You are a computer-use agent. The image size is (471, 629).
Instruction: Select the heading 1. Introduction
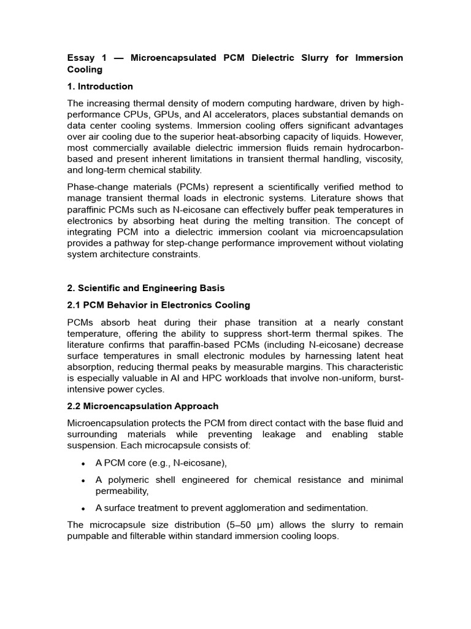[99, 86]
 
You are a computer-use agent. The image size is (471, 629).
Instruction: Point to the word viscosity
[382, 158]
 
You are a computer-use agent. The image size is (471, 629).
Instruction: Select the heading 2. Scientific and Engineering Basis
[145, 288]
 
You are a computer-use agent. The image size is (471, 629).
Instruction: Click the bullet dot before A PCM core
[83, 464]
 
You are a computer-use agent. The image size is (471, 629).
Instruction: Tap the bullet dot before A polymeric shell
[83, 480]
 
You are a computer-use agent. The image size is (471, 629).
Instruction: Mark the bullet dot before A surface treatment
[83, 509]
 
